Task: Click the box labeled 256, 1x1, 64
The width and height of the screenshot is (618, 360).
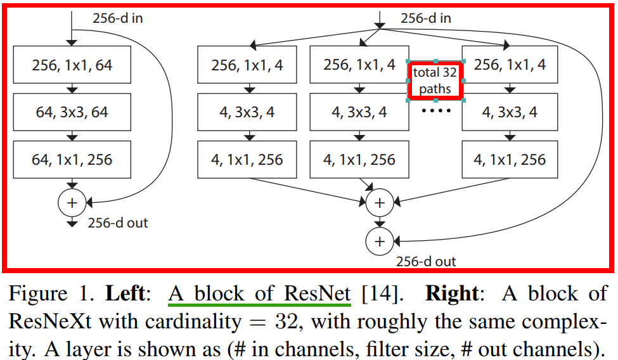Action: [72, 65]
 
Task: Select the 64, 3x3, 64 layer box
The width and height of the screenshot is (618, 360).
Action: [72, 113]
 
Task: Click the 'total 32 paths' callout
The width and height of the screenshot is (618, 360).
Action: [435, 81]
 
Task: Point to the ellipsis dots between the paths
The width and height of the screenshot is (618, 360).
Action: [436, 112]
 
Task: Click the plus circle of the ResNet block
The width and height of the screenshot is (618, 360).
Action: [71, 202]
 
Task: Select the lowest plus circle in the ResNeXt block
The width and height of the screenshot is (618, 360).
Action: [379, 241]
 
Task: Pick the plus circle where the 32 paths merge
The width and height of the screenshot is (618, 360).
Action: [379, 202]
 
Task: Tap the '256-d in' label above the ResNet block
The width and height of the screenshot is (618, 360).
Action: [117, 18]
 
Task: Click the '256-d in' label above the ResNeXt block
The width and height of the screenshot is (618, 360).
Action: [426, 18]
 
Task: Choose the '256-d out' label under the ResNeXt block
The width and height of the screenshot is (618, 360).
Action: [426, 261]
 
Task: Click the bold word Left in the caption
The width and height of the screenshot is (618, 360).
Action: [125, 294]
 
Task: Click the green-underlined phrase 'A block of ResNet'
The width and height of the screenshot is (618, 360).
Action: [259, 294]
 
